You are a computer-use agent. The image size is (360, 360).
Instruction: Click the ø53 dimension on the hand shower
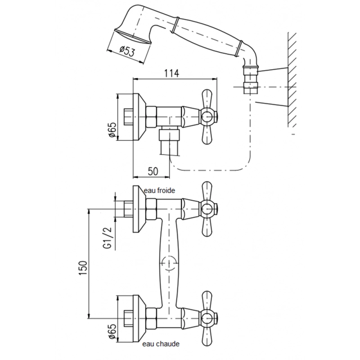click(127, 51)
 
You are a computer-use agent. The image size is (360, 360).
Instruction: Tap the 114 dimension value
click(171, 73)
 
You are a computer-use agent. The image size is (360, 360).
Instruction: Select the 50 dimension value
click(153, 171)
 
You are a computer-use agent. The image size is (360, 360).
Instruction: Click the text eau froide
click(159, 190)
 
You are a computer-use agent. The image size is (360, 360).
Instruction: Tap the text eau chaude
click(161, 344)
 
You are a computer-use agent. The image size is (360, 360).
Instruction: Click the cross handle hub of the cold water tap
click(208, 209)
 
